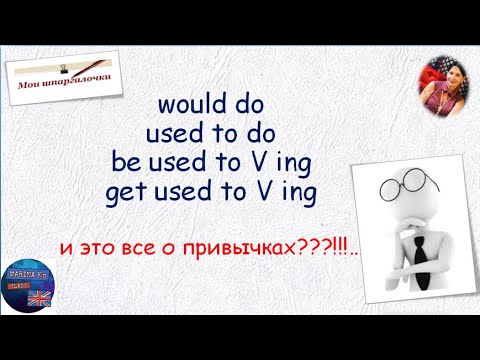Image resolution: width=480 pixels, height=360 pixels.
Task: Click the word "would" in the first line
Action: pos(184,105)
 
